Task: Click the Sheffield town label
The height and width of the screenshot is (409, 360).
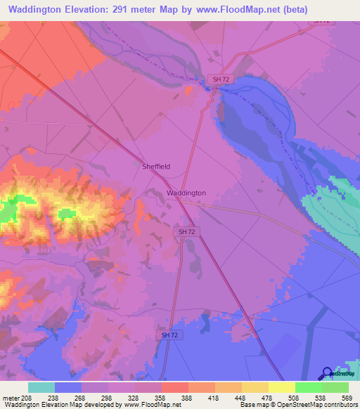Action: (x=156, y=167)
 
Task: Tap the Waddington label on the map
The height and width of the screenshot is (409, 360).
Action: (x=186, y=193)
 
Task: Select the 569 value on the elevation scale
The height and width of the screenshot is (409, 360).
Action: (x=346, y=398)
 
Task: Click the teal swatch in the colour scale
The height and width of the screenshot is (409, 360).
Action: (x=41, y=387)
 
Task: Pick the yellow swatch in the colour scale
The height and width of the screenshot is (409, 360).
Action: (x=281, y=387)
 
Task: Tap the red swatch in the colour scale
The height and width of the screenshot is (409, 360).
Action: (x=174, y=387)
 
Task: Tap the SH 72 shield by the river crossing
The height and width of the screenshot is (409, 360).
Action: (x=221, y=79)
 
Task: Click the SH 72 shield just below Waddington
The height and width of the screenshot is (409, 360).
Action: (x=186, y=231)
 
